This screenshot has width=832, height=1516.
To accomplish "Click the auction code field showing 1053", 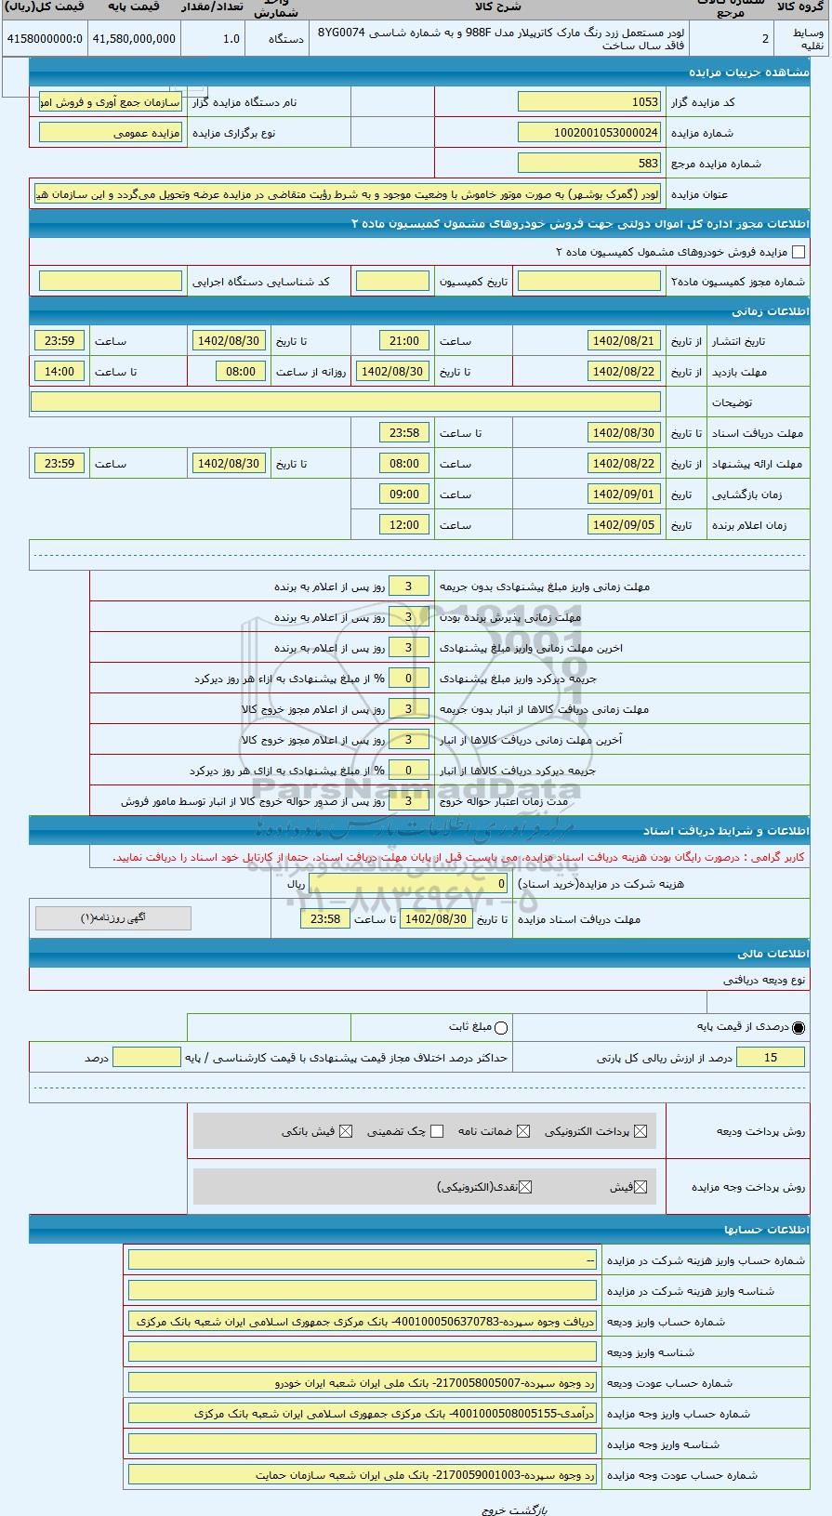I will [x=589, y=102].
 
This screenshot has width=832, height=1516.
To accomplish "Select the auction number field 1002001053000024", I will [x=589, y=133].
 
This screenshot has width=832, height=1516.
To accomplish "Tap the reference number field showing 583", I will [x=589, y=164].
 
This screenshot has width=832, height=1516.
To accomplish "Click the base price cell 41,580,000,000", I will [x=134, y=38].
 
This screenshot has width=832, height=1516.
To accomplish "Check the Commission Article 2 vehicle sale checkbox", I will [x=798, y=252].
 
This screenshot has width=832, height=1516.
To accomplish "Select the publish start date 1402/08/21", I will [x=625, y=341].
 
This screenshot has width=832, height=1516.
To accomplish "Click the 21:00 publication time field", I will [x=404, y=341].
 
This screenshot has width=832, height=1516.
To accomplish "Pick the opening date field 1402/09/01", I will [x=625, y=494].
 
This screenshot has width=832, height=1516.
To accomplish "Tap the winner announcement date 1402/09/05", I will [x=625, y=525].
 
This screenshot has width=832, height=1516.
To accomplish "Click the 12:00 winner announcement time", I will [x=404, y=525].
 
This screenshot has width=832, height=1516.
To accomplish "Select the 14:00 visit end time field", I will [x=59, y=372].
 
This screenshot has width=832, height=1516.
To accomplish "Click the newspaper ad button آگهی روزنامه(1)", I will [x=113, y=918].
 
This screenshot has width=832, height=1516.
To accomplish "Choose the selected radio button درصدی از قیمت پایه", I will [x=799, y=1028].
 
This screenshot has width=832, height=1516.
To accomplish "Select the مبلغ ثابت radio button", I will [x=502, y=1028].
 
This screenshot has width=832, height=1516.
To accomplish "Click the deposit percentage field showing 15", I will [x=770, y=1058].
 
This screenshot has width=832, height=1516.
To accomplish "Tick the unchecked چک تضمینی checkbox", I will [x=437, y=1131].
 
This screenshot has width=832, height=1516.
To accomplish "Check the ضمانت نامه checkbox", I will [x=523, y=1131].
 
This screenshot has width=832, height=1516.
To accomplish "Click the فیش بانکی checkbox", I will [x=346, y=1131].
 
